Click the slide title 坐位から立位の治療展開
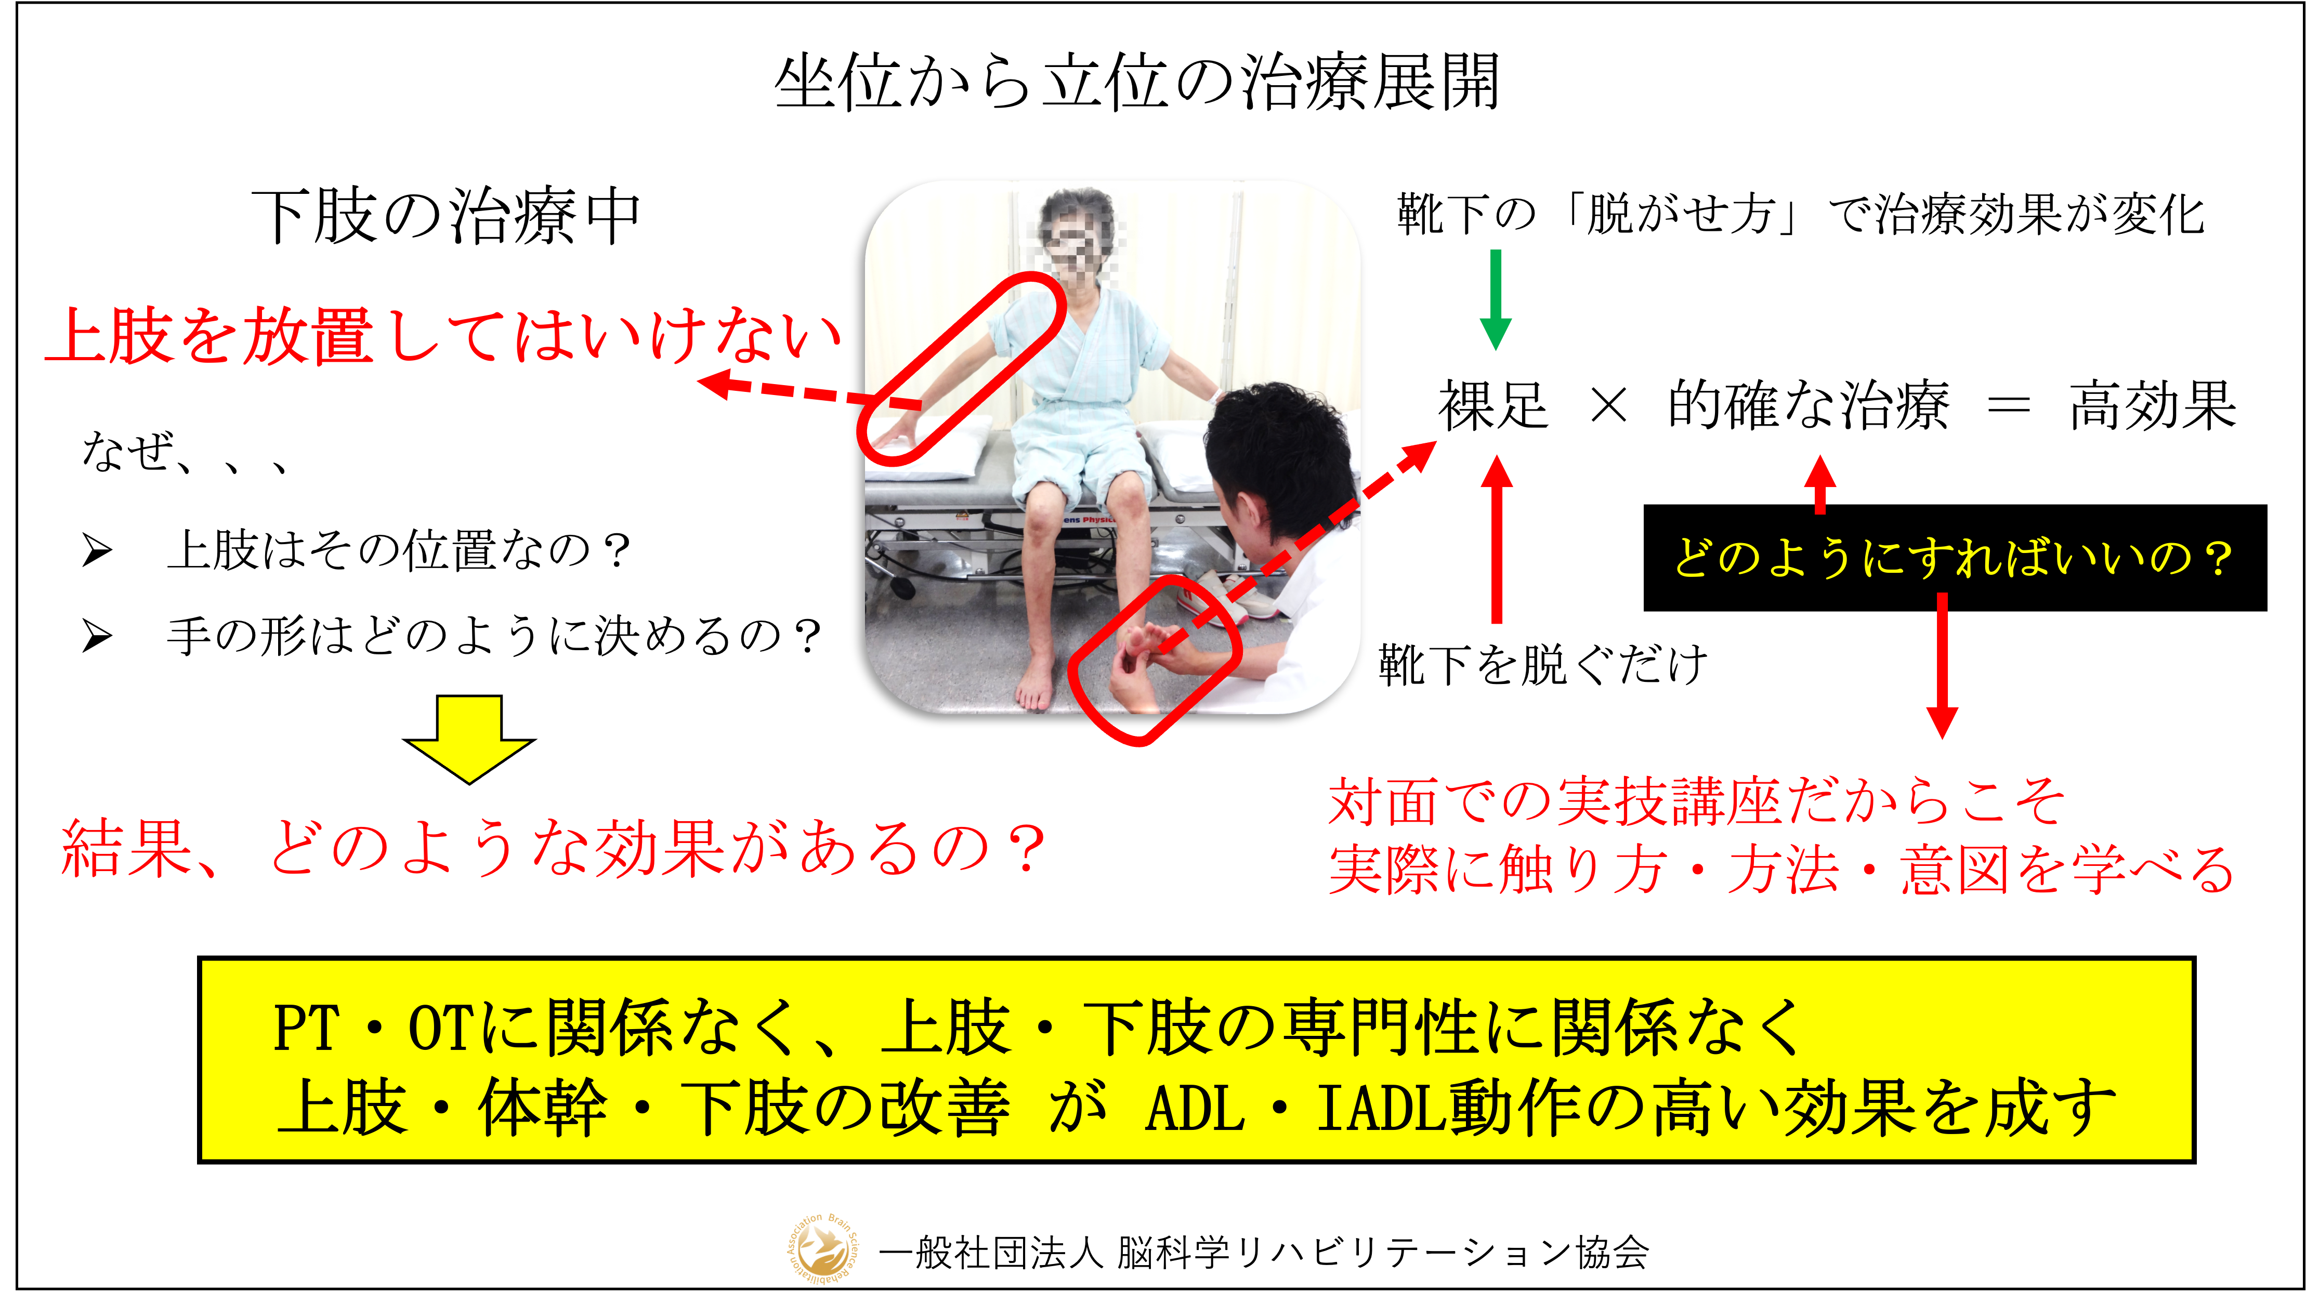[1137, 82]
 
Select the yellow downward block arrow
[469, 739]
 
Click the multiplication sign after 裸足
[1609, 406]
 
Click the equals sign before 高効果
[2008, 406]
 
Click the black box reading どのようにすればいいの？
[1955, 558]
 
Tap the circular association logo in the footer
[820, 1250]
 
